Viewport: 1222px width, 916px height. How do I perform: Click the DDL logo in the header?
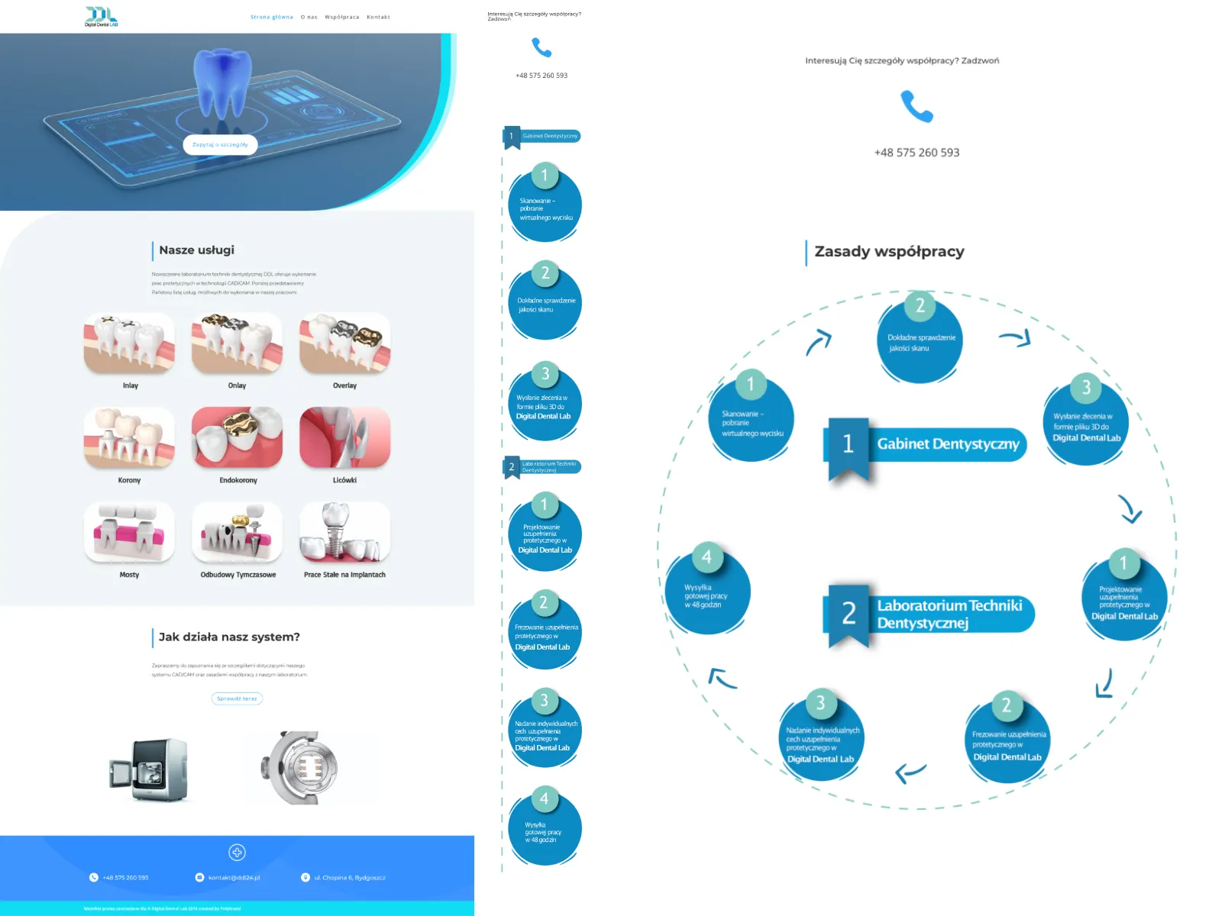point(101,16)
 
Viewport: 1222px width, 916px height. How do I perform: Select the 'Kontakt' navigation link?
point(378,17)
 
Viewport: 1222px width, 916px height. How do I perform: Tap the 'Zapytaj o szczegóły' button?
point(220,144)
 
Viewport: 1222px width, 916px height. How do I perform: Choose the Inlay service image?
point(129,343)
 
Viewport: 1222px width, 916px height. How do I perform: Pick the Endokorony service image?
point(237,437)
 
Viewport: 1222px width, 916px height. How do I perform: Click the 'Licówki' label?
point(344,480)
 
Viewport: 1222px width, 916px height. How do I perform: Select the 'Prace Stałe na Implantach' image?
point(344,532)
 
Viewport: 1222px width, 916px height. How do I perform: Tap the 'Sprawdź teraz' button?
point(237,698)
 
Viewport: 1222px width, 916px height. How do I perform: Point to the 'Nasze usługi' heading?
point(196,250)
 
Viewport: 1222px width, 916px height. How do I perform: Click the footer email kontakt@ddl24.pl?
point(234,878)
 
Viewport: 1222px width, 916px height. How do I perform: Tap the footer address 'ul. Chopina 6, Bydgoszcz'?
point(349,878)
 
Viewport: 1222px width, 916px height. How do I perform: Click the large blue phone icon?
point(916,106)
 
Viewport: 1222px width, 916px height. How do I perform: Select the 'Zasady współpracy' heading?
point(889,251)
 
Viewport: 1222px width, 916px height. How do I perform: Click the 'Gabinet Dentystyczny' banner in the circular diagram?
point(947,444)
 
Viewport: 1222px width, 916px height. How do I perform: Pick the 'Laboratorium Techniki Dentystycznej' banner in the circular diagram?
point(949,614)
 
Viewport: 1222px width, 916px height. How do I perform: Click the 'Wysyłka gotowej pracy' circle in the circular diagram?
point(707,592)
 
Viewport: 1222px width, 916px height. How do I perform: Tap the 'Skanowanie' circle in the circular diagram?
point(752,420)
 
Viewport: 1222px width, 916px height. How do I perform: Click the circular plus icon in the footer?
point(237,853)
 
